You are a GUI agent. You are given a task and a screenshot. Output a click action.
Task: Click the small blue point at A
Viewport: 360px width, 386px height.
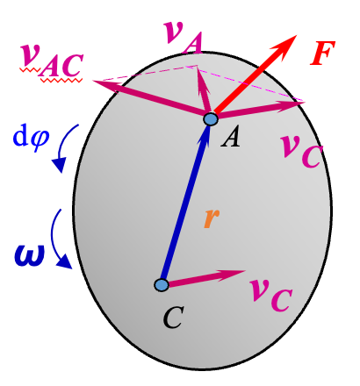coord(211,118)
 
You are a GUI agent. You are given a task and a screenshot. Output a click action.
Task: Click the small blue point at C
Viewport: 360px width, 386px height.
coord(161,284)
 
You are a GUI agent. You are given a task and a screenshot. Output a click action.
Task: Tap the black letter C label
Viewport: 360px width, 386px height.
coord(173,318)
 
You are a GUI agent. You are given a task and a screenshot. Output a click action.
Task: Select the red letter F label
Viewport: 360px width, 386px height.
coord(324,55)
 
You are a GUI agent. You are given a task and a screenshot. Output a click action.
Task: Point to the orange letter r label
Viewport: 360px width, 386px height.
coord(210,219)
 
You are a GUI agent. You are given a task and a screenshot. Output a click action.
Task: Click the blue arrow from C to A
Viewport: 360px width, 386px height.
coord(186,202)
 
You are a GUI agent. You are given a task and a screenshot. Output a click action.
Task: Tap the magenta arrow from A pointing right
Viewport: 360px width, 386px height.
coord(259,108)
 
